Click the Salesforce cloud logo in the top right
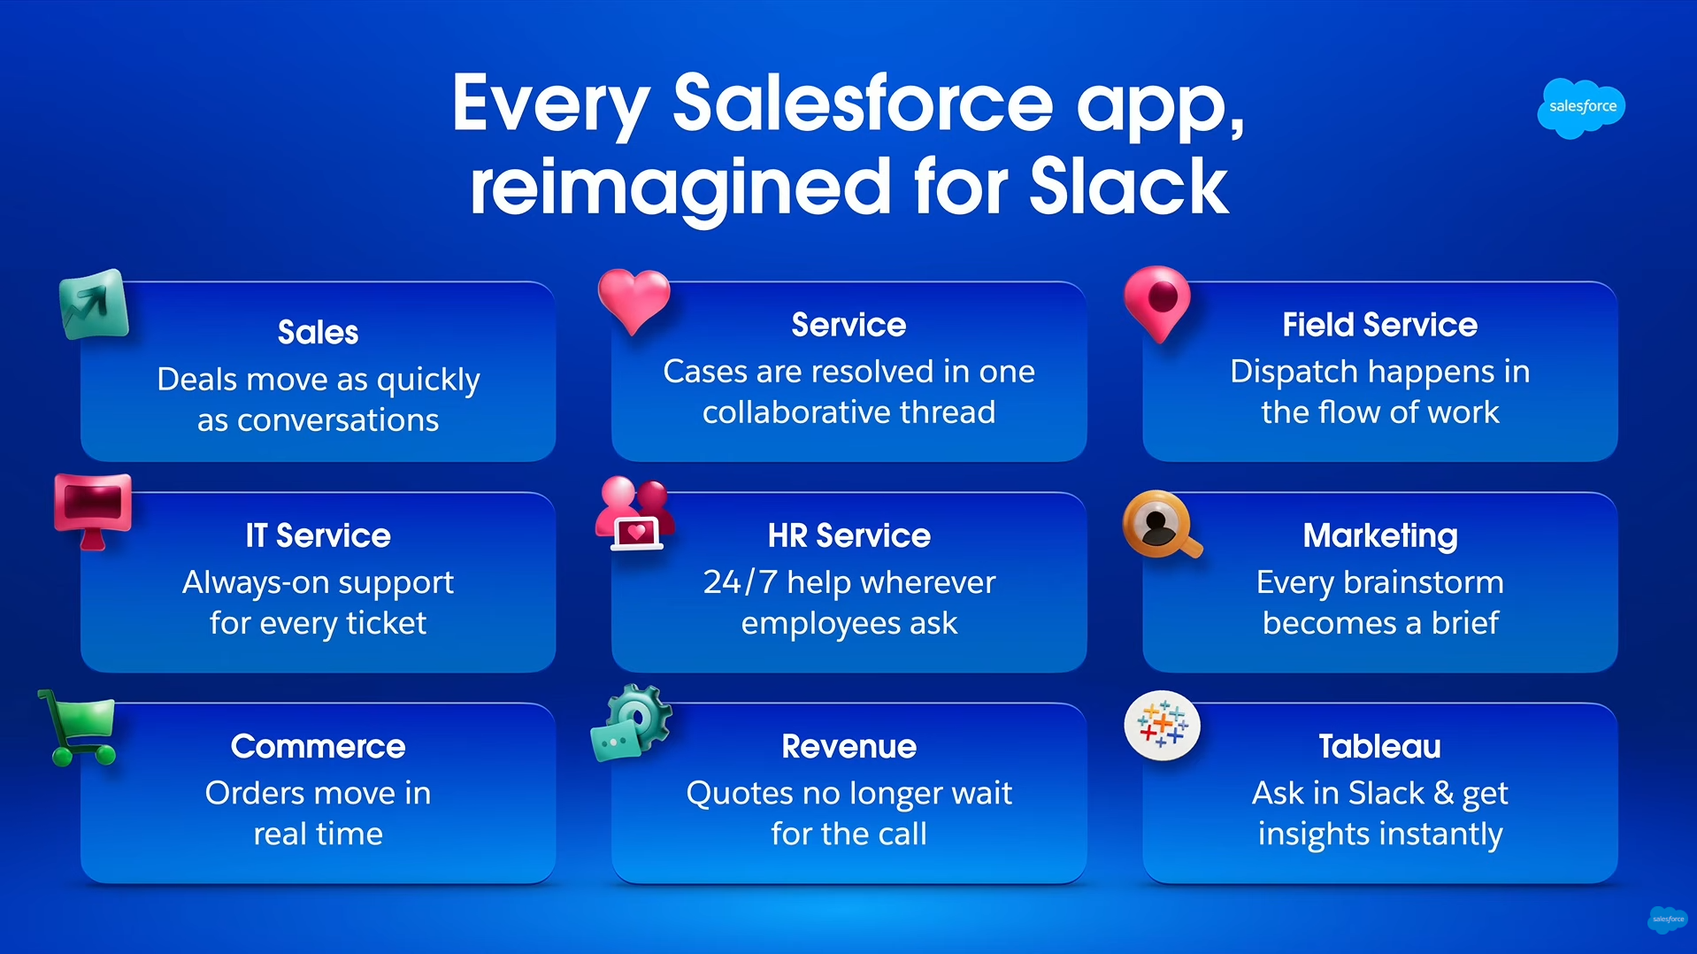(x=1581, y=107)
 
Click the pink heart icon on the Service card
(x=633, y=299)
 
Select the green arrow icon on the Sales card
(x=94, y=304)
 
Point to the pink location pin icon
(x=1157, y=302)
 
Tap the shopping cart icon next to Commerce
(x=81, y=726)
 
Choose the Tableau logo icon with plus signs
(x=1162, y=725)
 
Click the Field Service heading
(x=1379, y=325)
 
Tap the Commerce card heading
(x=318, y=746)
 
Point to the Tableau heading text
(x=1379, y=746)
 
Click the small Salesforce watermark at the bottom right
(x=1668, y=919)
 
